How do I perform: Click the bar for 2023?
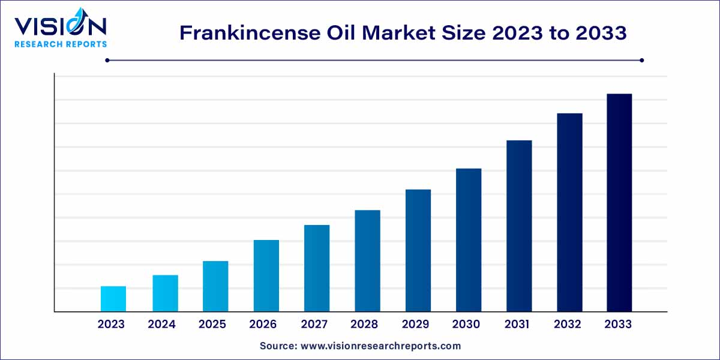click(113, 299)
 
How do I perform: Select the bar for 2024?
click(165, 293)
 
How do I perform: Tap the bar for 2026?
click(266, 275)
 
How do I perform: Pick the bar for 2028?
click(367, 261)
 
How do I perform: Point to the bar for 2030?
click(469, 240)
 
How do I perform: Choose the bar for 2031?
click(519, 226)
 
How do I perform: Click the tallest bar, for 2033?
click(619, 203)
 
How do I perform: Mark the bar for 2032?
click(569, 212)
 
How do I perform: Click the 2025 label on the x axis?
click(212, 325)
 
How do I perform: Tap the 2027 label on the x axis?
click(314, 325)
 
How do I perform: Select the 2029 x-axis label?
click(415, 325)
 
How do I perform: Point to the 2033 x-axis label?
click(618, 325)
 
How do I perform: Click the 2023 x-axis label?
click(111, 325)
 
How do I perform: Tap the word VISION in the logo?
click(60, 27)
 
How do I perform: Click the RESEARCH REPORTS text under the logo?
click(61, 44)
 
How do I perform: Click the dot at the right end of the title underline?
click(641, 60)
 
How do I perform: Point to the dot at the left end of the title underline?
click(107, 60)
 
